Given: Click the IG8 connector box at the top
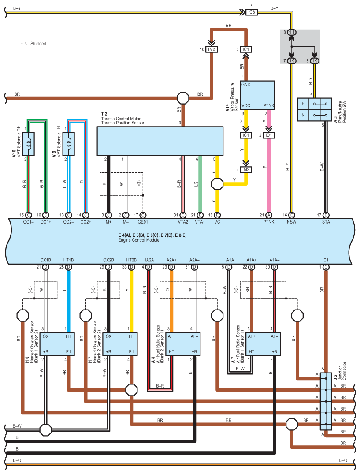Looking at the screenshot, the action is pyautogui.click(x=251, y=12).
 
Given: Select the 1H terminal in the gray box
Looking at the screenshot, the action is pyautogui.click(x=291, y=32).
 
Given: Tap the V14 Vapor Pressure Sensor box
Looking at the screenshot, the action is pyautogui.click(x=257, y=95).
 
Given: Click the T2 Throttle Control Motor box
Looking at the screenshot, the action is pyautogui.click(x=160, y=141).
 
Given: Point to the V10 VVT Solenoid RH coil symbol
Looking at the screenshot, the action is pyautogui.click(x=29, y=144).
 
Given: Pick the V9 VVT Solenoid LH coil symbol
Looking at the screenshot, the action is pyautogui.click(x=69, y=144).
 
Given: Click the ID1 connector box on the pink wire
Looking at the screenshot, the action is pyautogui.click(x=268, y=135).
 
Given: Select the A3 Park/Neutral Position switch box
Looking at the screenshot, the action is pyautogui.click(x=315, y=109).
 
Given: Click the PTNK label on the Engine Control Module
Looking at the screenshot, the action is pyautogui.click(x=268, y=222).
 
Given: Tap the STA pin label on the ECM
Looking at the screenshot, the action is pyautogui.click(x=326, y=222).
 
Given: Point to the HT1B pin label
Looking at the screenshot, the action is pyautogui.click(x=69, y=260).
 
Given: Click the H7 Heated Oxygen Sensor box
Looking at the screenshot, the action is pyautogui.click(x=120, y=344).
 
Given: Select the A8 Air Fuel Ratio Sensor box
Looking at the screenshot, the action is pyautogui.click(x=183, y=344).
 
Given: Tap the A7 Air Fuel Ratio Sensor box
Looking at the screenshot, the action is pyautogui.click(x=263, y=344).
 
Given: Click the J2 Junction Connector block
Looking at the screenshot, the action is pyautogui.click(x=326, y=401).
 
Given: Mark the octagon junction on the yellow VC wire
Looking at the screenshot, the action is pyautogui.click(x=217, y=184).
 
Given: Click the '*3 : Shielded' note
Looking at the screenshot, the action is pyautogui.click(x=33, y=44).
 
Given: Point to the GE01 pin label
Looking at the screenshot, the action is pyautogui.click(x=143, y=222).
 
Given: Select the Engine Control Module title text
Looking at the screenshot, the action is pyautogui.click(x=139, y=240).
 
